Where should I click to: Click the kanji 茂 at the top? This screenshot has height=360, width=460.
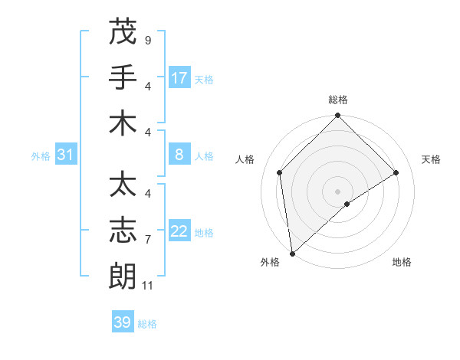pos(123,32)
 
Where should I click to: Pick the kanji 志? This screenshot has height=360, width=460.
pos(123,231)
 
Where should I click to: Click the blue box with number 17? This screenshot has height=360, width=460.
pos(179,78)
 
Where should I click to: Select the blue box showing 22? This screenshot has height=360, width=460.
pos(179,232)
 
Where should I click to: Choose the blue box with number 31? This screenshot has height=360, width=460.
pos(66,155)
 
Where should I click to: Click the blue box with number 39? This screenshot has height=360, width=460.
pos(123,322)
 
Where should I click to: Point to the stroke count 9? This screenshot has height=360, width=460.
pos(147,40)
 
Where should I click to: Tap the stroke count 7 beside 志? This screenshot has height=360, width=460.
pos(147,239)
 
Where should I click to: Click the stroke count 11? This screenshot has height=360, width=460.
pos(148,285)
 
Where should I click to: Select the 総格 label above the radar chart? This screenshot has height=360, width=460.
pos(338,100)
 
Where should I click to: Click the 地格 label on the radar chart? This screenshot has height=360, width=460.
pos(402,262)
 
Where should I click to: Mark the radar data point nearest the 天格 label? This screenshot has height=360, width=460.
pos(396,172)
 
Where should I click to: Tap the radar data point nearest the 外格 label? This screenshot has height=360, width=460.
pos(292,254)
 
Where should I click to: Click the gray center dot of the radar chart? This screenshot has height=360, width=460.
pos(338,191)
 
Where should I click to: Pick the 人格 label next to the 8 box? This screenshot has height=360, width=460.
pos(204,156)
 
